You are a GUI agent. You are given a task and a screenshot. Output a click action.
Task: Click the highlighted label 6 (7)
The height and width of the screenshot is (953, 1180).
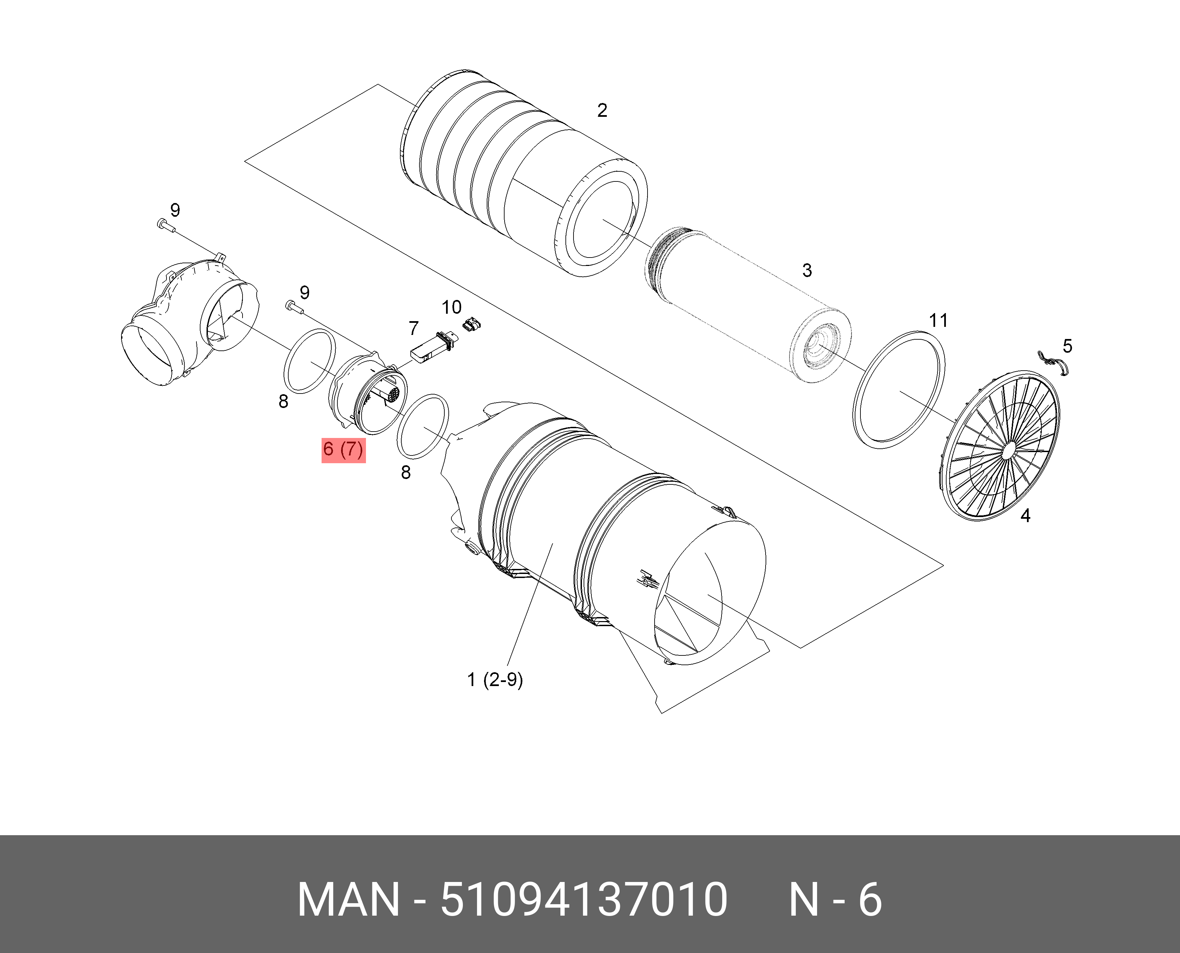(x=343, y=449)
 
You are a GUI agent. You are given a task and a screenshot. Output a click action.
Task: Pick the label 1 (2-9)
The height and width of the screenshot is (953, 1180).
(x=495, y=680)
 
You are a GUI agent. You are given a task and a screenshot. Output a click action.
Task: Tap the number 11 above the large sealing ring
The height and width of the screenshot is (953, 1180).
(x=938, y=320)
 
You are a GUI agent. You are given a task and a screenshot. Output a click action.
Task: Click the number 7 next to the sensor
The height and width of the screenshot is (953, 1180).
(x=414, y=328)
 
